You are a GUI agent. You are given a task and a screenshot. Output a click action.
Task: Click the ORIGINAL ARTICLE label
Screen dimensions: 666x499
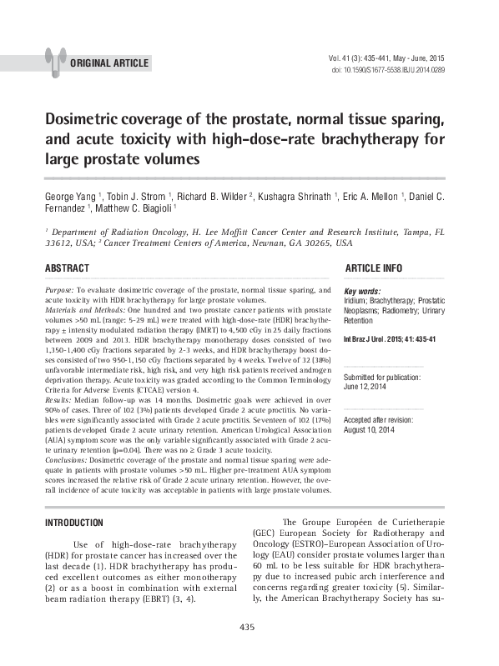110,63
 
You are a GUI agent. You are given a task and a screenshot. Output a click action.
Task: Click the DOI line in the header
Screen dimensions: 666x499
389,70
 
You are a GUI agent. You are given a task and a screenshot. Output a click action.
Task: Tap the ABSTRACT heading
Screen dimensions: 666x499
67,268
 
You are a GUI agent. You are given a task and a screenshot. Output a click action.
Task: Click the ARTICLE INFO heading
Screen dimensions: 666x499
373,268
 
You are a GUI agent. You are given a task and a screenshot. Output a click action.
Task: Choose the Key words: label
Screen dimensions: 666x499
362,291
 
